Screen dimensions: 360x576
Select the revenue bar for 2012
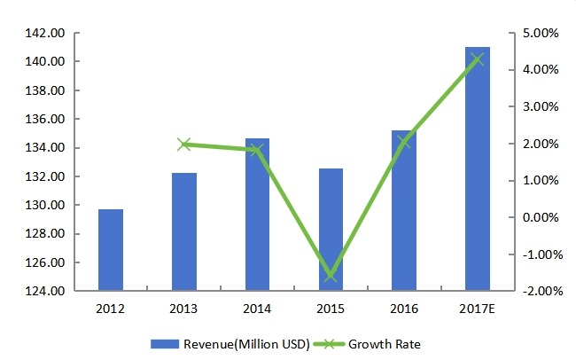[x=111, y=250]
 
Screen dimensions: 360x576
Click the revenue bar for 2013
[x=184, y=231]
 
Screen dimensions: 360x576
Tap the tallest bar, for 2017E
[x=478, y=168]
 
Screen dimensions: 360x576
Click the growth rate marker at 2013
[x=184, y=144]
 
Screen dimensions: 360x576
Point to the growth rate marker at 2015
[x=331, y=276]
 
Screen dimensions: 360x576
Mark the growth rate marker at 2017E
[x=478, y=59]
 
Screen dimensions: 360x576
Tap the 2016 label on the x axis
[x=404, y=309]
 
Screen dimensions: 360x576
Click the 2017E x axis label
[x=478, y=309]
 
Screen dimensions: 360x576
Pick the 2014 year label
[x=258, y=309]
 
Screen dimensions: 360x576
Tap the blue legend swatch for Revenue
[x=166, y=344]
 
